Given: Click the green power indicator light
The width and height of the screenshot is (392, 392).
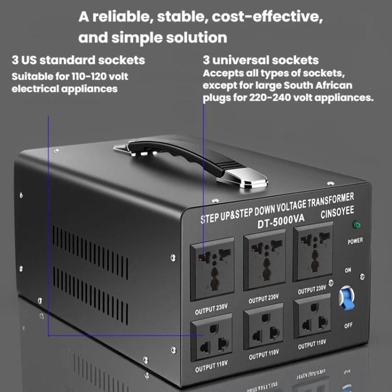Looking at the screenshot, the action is tap(356, 225).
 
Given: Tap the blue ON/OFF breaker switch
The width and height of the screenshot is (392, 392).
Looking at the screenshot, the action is tap(347, 298).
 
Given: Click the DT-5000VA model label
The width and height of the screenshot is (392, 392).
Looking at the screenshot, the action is tap(281, 221).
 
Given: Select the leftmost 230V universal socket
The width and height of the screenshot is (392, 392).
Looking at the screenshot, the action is tap(212, 269).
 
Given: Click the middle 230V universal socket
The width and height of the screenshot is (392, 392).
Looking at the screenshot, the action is tap(264, 259).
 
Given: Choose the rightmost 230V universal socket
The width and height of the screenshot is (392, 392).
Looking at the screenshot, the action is tap(313, 251).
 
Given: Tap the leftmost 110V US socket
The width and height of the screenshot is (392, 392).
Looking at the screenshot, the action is tap(212, 337).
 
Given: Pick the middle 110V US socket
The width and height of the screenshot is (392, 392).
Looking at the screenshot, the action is tap(263, 326).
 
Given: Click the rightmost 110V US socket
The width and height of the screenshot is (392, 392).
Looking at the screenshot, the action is tap(312, 316).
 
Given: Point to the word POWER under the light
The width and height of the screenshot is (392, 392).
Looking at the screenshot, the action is tap(355, 241).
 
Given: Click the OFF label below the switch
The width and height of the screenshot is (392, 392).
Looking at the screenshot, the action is tap(348, 325).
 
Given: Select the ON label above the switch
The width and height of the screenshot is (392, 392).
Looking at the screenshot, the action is tap(348, 270).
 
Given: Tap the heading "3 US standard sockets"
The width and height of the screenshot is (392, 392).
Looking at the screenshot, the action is tap(78, 60).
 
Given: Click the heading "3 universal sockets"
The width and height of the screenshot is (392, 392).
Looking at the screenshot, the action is tap(261, 60).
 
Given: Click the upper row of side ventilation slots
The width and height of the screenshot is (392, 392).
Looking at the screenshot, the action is tap(90, 252).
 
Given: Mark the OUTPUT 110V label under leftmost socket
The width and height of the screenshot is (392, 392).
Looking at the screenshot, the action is tap(211, 366).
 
